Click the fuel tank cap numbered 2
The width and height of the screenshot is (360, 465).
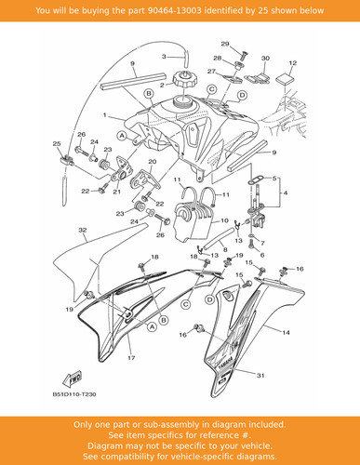[183, 80]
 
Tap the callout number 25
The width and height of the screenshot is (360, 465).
[57, 144]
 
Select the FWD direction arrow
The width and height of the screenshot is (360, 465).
[73, 379]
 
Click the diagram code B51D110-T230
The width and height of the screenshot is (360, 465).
[74, 394]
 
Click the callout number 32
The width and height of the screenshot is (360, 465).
[83, 230]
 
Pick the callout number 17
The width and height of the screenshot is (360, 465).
[131, 358]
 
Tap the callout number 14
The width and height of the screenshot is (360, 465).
[286, 333]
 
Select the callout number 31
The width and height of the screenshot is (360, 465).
[260, 376]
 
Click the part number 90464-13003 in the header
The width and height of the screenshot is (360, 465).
[174, 10]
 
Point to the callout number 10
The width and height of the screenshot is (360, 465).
[224, 220]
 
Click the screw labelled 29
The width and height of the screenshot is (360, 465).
[244, 56]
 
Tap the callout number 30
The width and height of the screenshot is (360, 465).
[265, 59]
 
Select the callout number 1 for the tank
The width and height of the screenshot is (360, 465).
[105, 115]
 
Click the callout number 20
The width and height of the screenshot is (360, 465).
[153, 162]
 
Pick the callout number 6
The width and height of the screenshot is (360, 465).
[262, 255]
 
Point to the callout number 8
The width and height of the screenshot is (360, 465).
[225, 249]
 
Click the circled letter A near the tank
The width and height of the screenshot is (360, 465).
[122, 136]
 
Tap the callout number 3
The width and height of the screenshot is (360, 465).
[164, 57]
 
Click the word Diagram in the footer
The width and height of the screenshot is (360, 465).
[103, 445]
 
